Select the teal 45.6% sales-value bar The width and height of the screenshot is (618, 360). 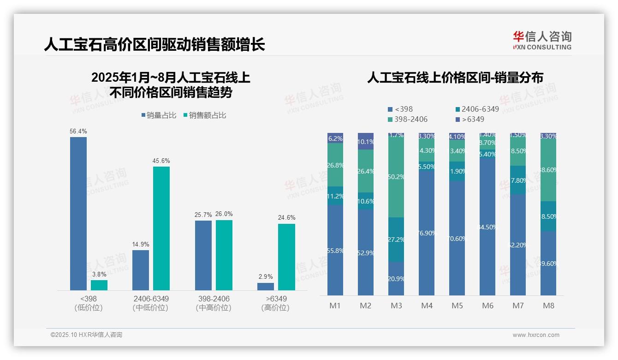[x=161, y=228]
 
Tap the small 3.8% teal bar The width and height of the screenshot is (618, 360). [x=99, y=285]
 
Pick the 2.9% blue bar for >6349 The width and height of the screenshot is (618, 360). [x=266, y=287]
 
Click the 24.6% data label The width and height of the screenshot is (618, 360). [x=286, y=217]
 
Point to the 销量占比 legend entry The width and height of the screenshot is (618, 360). [x=159, y=115]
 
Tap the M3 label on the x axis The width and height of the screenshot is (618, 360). [x=396, y=306]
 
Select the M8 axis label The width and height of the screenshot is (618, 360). [x=548, y=306]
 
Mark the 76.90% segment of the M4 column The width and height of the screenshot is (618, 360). [x=427, y=233]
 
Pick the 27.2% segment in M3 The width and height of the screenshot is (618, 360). [x=396, y=240]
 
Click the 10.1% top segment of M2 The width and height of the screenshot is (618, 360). [x=366, y=141]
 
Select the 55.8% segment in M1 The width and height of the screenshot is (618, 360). [x=335, y=250]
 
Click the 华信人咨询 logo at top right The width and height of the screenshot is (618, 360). [x=542, y=40]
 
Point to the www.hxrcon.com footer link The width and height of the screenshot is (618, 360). [x=536, y=335]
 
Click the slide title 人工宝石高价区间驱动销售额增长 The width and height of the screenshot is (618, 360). [x=154, y=45]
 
